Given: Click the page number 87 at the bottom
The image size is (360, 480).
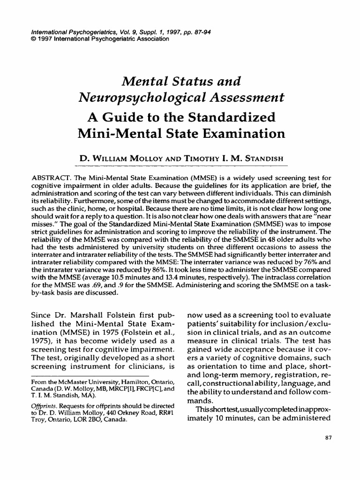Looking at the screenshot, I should click(328, 437).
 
